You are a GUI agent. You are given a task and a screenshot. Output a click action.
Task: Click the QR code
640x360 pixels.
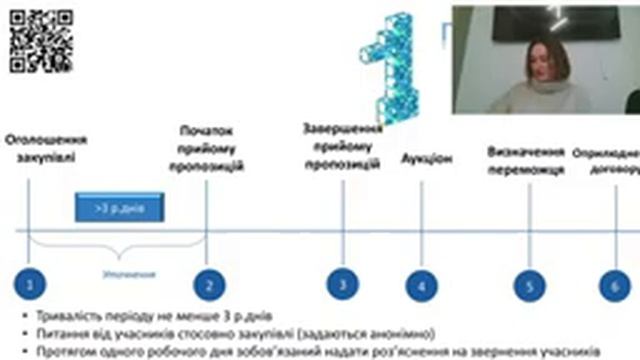[41, 40]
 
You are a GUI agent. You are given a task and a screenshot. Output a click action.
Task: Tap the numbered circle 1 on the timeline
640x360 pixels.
[31, 285]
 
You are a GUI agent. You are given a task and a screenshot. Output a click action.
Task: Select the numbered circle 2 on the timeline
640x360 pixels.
[208, 285]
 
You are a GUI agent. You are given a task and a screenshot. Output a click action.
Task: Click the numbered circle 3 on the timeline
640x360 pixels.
[342, 284]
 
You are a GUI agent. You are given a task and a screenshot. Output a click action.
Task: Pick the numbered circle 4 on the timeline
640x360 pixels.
[422, 286]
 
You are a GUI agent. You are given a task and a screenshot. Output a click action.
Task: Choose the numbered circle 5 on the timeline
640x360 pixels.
[529, 286]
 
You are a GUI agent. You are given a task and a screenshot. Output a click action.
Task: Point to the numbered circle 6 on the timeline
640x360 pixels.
[615, 286]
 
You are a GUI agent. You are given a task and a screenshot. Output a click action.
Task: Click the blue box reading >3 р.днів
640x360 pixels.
[119, 209]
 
